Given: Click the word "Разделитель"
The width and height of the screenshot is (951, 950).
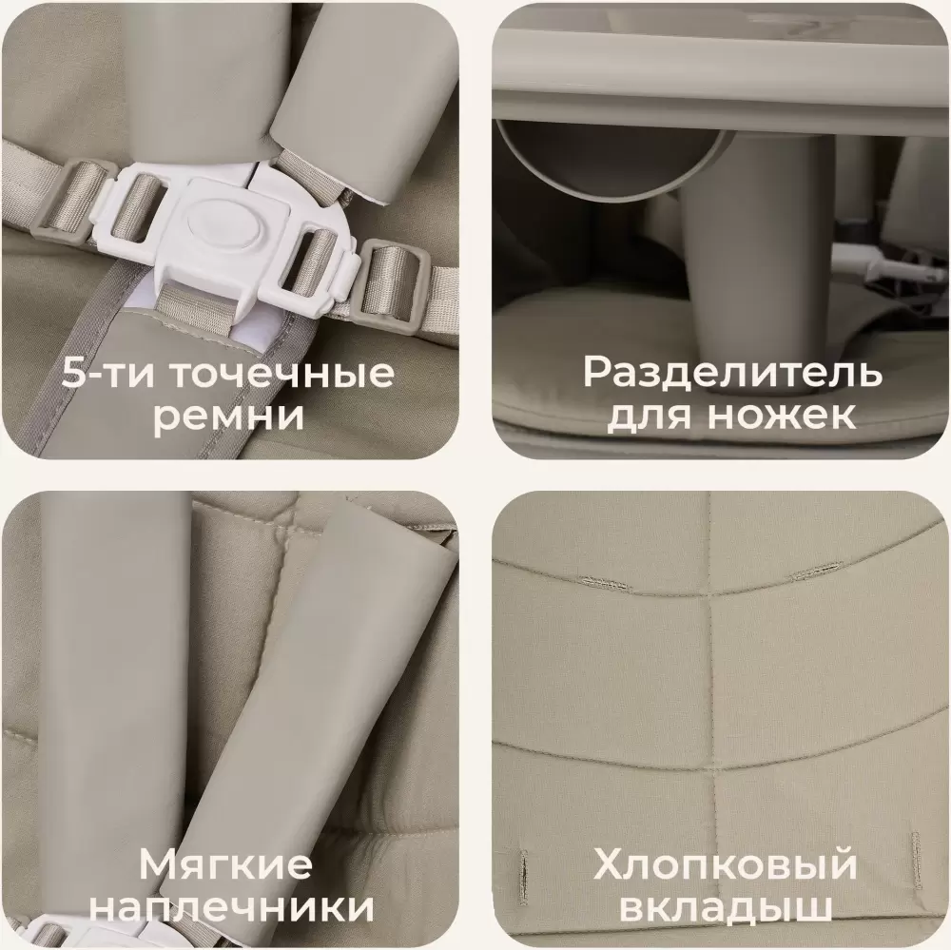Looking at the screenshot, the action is point(732,373).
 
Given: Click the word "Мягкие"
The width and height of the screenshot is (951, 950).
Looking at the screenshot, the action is point(225,863).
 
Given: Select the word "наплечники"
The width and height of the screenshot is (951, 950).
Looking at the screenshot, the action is point(235,908).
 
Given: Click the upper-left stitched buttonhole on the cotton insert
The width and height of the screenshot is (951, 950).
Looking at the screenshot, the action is point(603,583).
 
